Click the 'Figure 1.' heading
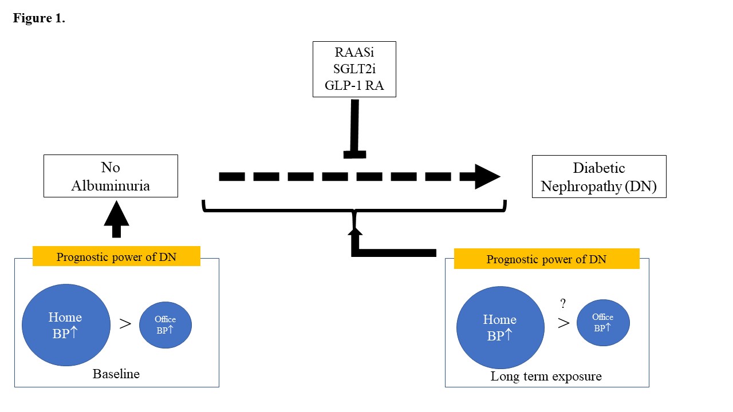coord(39,18)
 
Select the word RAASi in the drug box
coord(354,52)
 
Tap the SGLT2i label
coord(354,69)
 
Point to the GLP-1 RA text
coord(354,85)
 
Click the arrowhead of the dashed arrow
coord(487,177)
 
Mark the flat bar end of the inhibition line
coord(354,154)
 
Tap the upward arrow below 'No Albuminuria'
coord(116,219)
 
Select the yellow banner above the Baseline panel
coord(116,256)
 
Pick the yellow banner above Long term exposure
coord(546,259)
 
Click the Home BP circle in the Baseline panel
coord(66,325)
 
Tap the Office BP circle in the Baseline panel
coord(165,325)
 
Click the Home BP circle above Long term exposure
coord(501,328)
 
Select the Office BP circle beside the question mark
coord(603,323)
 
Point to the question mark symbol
coord(563,303)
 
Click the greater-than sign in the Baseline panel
coord(125,324)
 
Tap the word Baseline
coord(116,374)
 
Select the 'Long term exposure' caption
coord(546,377)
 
